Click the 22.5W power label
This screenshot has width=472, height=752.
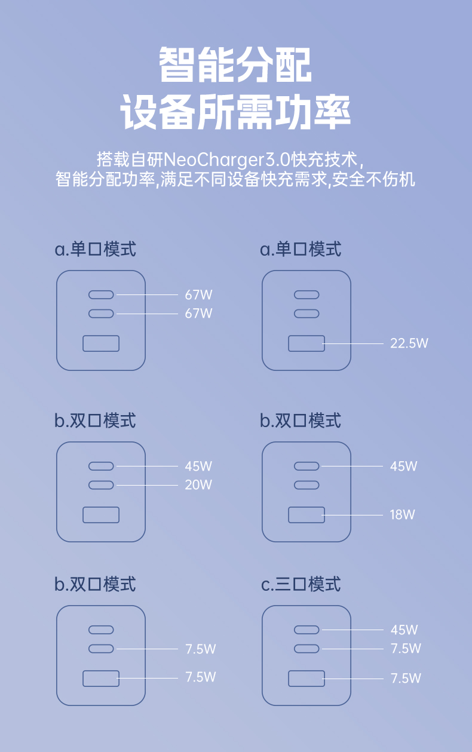click(x=409, y=343)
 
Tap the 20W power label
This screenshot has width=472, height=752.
click(x=198, y=485)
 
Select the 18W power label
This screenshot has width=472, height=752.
click(x=403, y=514)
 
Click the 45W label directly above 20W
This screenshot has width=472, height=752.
click(x=198, y=466)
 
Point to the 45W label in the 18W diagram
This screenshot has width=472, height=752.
click(x=404, y=466)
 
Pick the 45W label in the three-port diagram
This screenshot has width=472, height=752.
click(x=404, y=630)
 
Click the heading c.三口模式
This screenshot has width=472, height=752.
click(x=301, y=584)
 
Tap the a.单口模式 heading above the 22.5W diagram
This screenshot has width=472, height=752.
click(x=301, y=248)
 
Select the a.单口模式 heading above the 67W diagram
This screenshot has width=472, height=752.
click(x=96, y=248)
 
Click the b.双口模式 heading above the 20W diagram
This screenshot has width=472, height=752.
click(x=96, y=420)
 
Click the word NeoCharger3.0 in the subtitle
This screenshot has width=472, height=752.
click(x=227, y=160)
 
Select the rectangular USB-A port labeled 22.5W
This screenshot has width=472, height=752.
click(x=307, y=343)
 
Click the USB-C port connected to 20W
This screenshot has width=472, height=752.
click(x=101, y=485)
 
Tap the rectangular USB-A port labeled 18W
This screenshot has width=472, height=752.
click(x=307, y=514)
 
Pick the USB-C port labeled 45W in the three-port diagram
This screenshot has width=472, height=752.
click(x=307, y=630)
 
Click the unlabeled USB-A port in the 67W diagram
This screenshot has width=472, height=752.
click(x=101, y=343)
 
